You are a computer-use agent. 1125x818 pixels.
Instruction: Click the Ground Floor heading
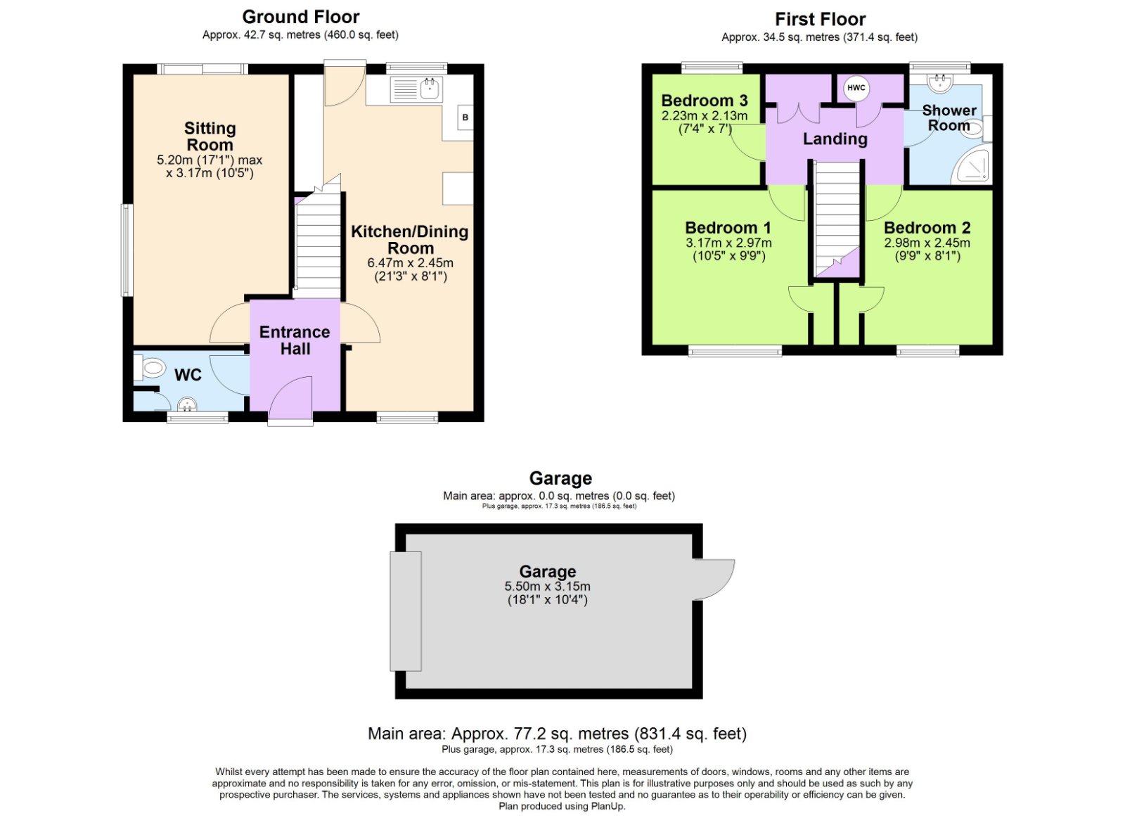(x=300, y=17)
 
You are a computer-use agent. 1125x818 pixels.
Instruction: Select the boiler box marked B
(x=465, y=117)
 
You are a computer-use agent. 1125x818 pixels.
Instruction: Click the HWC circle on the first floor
(x=856, y=88)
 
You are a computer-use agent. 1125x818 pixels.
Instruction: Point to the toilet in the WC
(x=151, y=368)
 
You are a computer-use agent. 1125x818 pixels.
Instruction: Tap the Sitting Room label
(x=210, y=136)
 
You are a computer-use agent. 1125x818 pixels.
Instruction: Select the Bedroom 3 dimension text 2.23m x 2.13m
(x=705, y=116)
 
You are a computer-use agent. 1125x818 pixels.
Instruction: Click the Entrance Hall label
(x=295, y=340)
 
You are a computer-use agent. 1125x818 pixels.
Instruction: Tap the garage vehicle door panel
(x=406, y=611)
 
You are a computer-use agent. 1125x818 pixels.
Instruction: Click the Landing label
(x=835, y=139)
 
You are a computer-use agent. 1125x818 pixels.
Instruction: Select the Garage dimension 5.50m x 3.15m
(x=547, y=587)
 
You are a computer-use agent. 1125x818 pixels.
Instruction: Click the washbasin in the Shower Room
(x=939, y=84)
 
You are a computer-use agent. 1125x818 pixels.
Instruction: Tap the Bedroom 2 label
(x=927, y=228)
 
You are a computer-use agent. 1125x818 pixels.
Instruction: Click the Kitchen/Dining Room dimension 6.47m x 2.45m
(x=410, y=263)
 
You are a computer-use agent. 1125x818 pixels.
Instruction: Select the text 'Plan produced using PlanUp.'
(x=562, y=806)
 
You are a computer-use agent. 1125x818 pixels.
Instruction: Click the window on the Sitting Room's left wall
(x=127, y=250)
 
